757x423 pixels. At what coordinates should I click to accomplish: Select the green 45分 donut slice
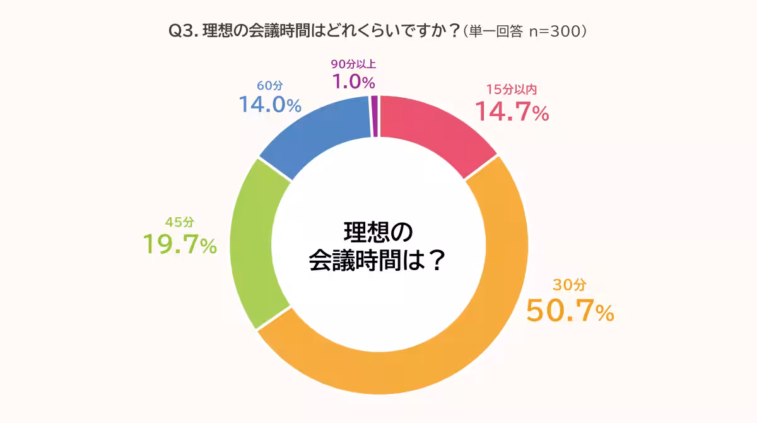click(251, 243)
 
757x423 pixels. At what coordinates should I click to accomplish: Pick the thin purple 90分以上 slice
click(375, 116)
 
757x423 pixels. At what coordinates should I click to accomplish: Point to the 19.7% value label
click(180, 244)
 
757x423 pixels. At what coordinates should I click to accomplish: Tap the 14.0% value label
click(269, 105)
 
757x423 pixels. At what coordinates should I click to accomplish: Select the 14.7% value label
click(511, 112)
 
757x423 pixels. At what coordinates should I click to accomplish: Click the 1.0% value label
click(353, 81)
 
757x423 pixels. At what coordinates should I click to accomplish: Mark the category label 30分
click(565, 285)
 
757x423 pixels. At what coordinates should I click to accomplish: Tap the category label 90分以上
click(353, 64)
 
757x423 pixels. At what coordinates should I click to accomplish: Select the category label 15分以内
click(511, 90)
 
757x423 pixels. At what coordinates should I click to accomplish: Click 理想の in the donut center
click(378, 232)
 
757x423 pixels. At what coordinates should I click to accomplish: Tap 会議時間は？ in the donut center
click(378, 260)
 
